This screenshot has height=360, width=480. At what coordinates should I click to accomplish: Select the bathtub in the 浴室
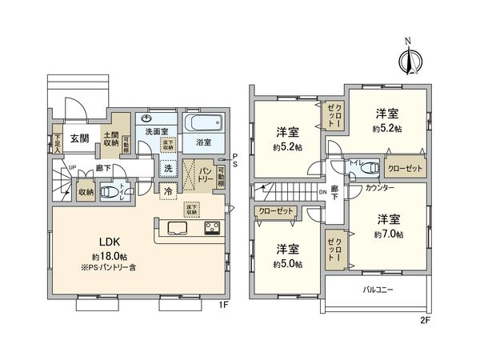point(203,126)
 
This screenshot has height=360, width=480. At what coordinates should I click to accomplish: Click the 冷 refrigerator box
point(168,191)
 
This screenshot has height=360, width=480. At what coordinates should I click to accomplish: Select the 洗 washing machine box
point(168,169)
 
